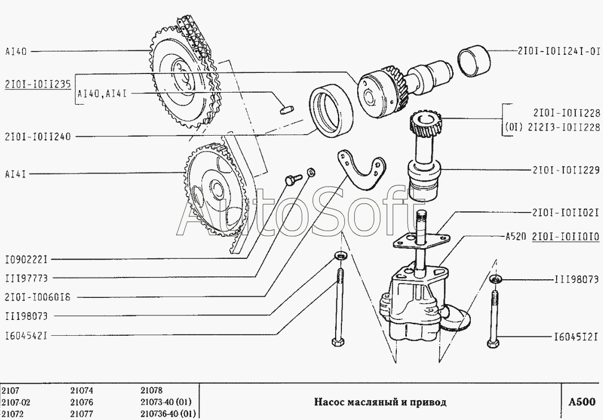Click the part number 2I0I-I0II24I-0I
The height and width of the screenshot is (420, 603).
[558, 51]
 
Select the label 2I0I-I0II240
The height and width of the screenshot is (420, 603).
[38, 136]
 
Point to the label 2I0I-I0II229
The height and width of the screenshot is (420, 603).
[565, 169]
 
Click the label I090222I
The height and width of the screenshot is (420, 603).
[26, 259]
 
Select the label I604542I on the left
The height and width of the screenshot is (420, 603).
[26, 335]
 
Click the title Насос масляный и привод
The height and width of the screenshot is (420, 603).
[380, 402]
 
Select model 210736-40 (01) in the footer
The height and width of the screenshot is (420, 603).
[167, 414]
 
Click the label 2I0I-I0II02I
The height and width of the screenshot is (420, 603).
[565, 213]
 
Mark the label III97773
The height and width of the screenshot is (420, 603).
[25, 278]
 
